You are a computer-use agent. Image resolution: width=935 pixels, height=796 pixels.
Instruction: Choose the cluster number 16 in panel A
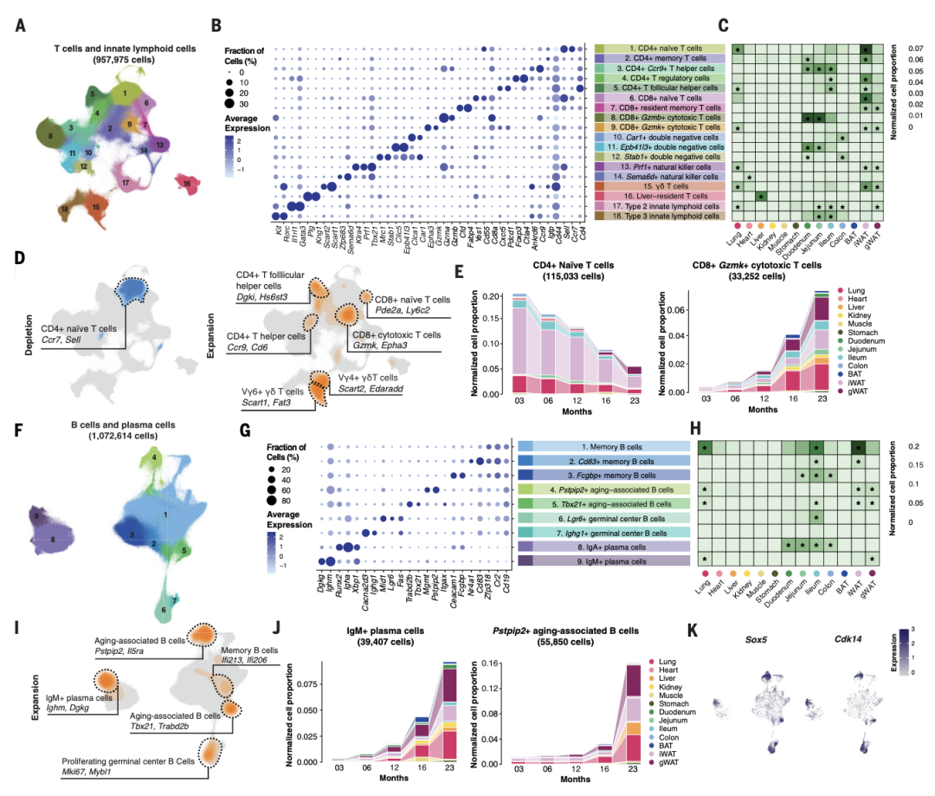(x=186, y=184)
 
